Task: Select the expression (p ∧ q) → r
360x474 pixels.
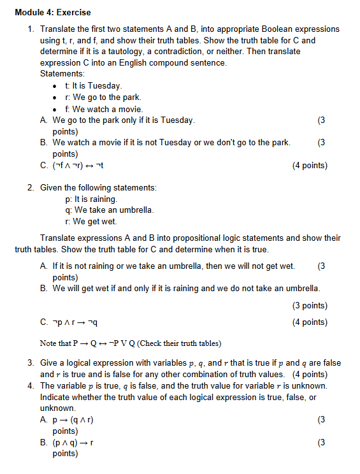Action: click(x=74, y=442)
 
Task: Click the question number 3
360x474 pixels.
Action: click(x=31, y=363)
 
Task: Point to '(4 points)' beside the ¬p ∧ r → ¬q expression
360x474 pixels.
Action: click(x=310, y=322)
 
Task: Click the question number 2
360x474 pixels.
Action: click(x=31, y=187)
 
